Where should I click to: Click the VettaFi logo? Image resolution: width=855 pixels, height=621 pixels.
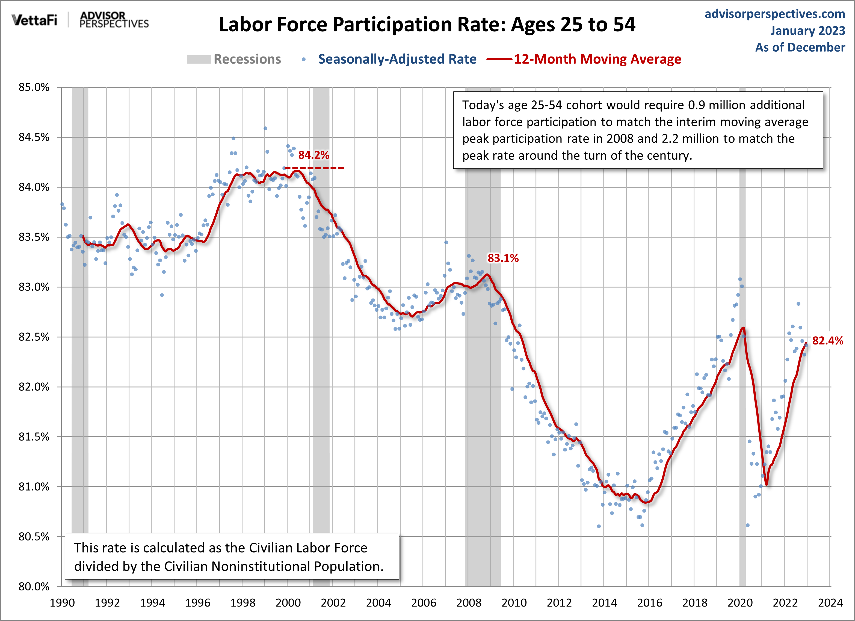[34, 20]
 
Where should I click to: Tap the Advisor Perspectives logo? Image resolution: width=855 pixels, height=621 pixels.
[114, 20]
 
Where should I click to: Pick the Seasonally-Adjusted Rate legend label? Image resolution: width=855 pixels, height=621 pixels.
[397, 59]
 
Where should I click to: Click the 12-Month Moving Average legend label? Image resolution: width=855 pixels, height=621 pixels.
[597, 59]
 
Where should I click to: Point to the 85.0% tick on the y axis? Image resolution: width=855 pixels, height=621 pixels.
[34, 87]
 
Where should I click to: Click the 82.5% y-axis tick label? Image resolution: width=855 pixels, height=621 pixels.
[34, 337]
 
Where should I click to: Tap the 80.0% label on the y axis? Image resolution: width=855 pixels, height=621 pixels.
[34, 586]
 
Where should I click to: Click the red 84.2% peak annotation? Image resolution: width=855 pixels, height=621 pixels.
[314, 155]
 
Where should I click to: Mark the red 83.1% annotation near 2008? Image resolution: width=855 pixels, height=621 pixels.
[503, 258]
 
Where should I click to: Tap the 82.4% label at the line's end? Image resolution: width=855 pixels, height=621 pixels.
[827, 341]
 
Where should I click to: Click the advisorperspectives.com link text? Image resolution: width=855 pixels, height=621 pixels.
[775, 14]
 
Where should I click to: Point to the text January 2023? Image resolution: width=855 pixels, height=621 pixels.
[807, 31]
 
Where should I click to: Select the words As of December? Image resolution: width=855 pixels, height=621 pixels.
[800, 47]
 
